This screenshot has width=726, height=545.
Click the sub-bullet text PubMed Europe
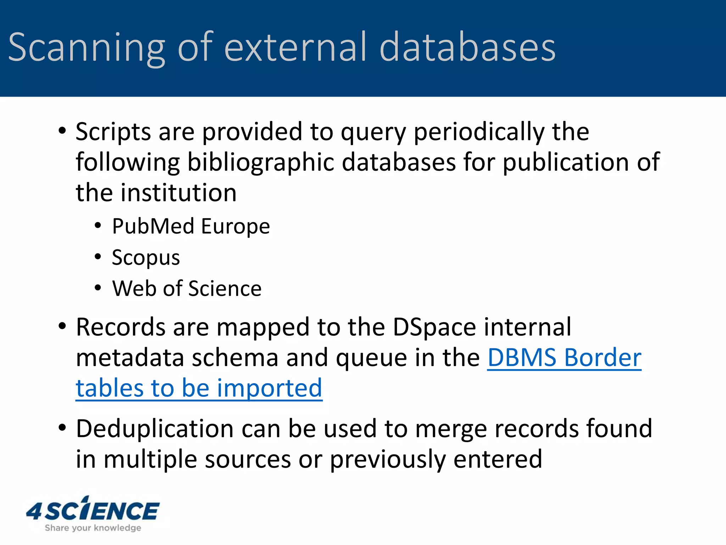[191, 226]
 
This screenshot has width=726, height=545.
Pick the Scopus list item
[146, 258]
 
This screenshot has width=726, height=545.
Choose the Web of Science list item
[187, 288]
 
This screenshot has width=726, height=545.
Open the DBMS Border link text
[564, 358]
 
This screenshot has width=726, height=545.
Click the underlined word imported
[269, 388]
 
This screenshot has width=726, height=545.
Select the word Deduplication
[155, 429]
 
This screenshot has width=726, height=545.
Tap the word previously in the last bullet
[387, 459]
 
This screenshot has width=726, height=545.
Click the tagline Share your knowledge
[93, 528]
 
